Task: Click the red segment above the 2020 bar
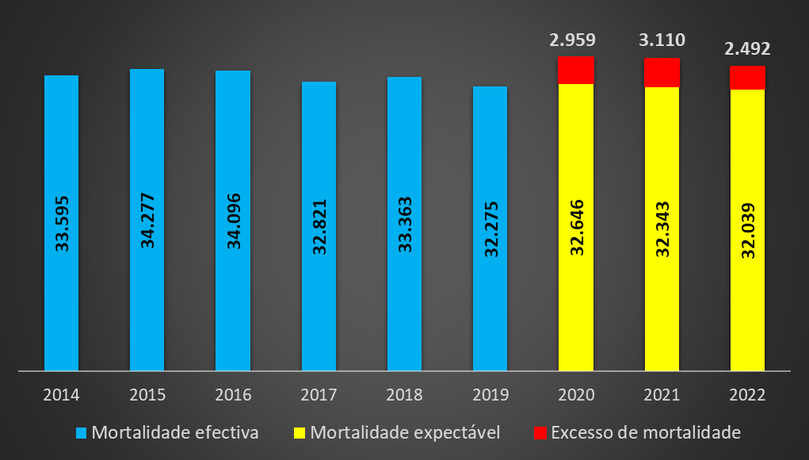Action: point(576,70)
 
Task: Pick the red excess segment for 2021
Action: point(662,72)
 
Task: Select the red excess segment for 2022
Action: point(747,78)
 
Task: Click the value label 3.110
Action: point(662,40)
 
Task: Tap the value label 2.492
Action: point(747,49)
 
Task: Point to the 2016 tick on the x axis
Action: point(233,394)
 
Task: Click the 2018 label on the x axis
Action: point(404,394)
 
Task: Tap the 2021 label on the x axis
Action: point(662,394)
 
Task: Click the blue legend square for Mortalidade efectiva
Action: point(81,433)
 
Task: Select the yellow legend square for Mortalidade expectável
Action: point(300,433)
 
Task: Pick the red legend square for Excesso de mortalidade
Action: point(540,433)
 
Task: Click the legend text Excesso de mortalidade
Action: point(645,433)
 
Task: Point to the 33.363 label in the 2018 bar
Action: point(405,225)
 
